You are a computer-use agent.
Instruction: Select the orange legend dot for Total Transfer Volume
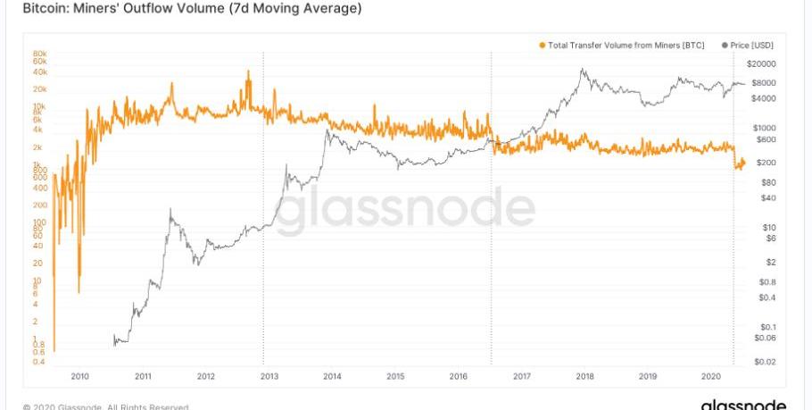542,45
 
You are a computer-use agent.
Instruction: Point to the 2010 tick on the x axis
79,377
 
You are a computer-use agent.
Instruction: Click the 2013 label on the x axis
269,377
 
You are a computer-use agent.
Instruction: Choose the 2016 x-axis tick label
459,377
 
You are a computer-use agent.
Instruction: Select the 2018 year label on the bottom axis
585,377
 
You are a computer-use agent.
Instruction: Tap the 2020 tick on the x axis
712,377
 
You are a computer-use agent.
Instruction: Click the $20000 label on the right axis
764,64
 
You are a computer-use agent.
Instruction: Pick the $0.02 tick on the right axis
763,361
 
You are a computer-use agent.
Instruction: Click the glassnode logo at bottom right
743,404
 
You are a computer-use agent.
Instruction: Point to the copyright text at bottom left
105,406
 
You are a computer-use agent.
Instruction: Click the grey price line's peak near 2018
583,70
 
